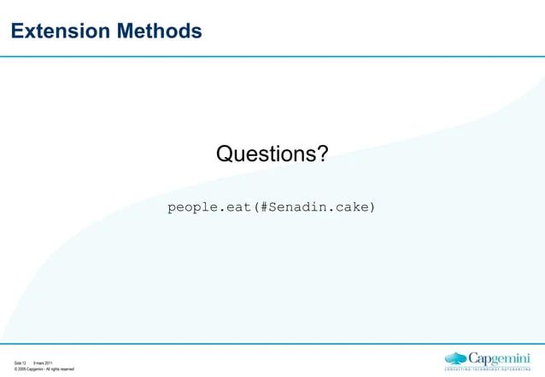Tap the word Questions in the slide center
(x=266, y=154)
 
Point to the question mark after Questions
(x=322, y=154)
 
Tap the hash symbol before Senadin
(x=266, y=207)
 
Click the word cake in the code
(x=351, y=207)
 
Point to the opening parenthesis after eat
(x=257, y=207)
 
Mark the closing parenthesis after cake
(x=372, y=207)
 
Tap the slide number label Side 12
(x=21, y=363)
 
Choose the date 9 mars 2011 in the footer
(x=44, y=363)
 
